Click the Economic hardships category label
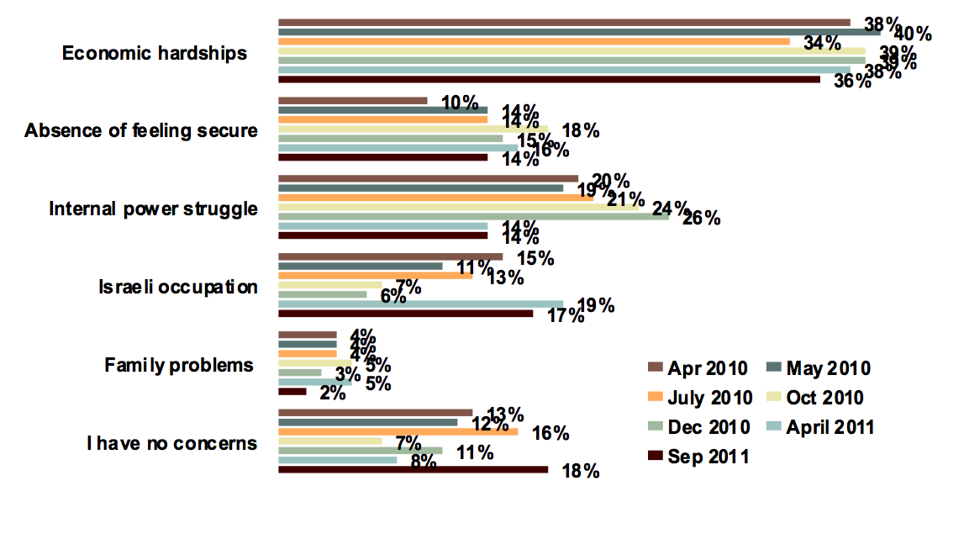[155, 53]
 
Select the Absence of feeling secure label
[141, 131]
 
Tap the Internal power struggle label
[153, 209]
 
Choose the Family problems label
[179, 365]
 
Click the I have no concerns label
[171, 442]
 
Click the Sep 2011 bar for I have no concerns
[413, 469]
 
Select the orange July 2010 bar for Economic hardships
[534, 41]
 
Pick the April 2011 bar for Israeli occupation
[420, 304]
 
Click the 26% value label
[702, 219]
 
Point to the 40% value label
[913, 34]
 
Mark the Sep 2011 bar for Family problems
[292, 391]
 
